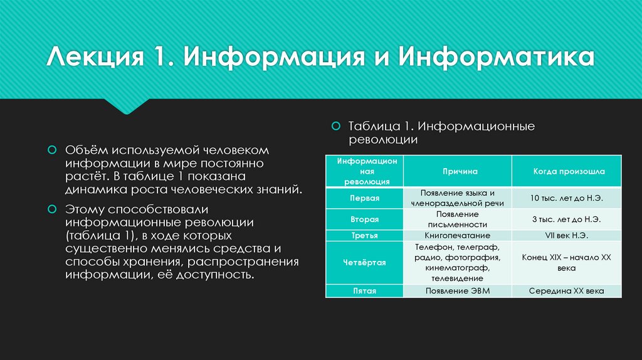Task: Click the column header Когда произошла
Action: point(568,171)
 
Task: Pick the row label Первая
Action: point(364,198)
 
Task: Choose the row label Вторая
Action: point(364,219)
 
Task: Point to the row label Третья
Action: point(364,236)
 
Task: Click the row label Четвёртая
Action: point(364,263)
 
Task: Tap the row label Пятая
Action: point(364,291)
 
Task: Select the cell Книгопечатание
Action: point(458,236)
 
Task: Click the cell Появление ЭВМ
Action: point(458,291)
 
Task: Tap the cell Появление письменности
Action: point(458,219)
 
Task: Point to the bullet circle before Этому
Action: point(53,208)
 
